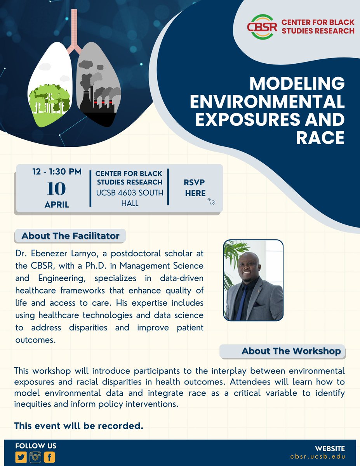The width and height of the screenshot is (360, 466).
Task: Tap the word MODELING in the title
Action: [297, 84]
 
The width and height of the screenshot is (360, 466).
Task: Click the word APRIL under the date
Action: [57, 205]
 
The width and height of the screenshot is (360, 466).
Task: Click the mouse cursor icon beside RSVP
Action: [211, 201]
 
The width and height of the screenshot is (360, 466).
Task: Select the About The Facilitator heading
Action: [70, 236]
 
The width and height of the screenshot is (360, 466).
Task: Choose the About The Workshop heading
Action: [291, 351]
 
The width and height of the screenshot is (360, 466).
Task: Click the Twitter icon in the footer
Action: [21, 457]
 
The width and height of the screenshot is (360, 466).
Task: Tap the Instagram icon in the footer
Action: [35, 457]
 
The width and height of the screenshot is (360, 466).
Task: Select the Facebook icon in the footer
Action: [49, 457]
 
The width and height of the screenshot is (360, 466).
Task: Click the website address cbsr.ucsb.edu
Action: [318, 457]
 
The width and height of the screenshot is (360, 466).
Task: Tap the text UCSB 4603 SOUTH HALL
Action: [129, 197]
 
